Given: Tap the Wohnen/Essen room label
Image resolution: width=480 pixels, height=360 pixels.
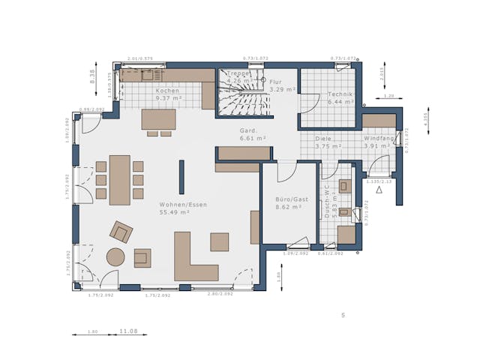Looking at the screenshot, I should click(183, 204).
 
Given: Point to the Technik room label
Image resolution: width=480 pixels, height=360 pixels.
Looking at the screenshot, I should click(340, 94).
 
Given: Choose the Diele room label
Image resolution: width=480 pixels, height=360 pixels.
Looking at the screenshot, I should click(323, 139).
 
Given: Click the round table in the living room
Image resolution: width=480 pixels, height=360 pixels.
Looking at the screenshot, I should click(115, 257).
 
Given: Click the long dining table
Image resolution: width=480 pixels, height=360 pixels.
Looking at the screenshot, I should click(119, 180).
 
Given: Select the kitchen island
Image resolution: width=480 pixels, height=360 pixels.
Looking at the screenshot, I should click(158, 119).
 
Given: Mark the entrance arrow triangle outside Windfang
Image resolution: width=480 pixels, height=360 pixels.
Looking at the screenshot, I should click(379, 190).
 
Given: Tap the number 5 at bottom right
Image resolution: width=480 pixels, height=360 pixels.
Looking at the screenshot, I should click(343, 315).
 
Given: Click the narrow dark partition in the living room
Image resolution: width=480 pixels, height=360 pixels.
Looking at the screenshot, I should click(181, 177).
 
